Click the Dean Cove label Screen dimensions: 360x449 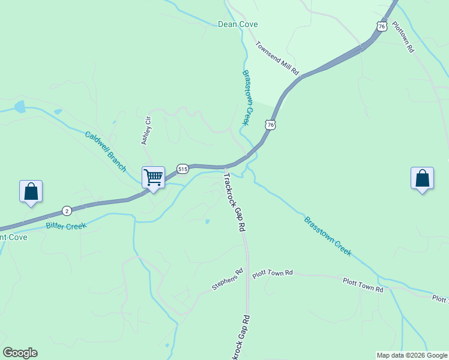point(237,24)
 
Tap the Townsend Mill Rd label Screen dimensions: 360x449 point(277,58)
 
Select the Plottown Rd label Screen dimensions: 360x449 point(403,37)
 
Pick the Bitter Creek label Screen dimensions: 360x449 point(66,226)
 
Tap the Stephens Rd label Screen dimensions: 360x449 point(228,280)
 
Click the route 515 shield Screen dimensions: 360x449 point(183,169)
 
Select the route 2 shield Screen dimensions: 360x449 point(67,211)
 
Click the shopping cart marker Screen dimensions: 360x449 point(153,177)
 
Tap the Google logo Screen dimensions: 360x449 point(20,353)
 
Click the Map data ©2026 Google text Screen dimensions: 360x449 point(412,355)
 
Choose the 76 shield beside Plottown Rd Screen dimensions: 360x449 point(382,26)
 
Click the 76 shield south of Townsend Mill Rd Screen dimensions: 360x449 point(271,124)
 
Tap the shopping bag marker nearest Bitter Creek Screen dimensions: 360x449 point(31,191)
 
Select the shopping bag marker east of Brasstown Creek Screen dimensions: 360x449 point(422,178)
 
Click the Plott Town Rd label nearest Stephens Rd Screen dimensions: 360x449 point(272,273)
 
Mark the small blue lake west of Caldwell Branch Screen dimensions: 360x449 point(20,107)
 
